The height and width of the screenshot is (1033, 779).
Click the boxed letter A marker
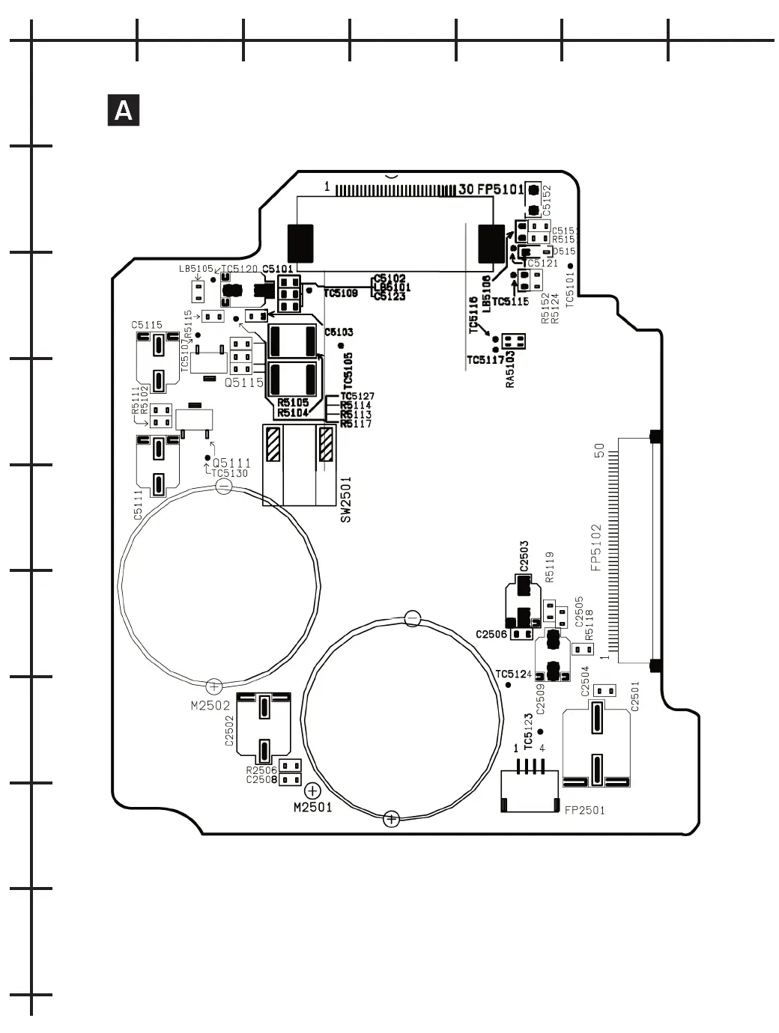tap(124, 111)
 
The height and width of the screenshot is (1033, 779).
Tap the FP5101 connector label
tap(501, 189)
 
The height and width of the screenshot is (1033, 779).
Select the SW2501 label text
tap(345, 499)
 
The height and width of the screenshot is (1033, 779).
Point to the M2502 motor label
tap(210, 705)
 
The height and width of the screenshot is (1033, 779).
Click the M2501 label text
tap(313, 807)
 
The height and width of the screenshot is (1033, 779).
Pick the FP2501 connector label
tap(584, 810)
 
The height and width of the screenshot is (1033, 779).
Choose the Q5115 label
tap(244, 383)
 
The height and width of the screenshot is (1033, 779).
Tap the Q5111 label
tap(231, 463)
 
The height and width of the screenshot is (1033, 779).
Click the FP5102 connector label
tap(596, 547)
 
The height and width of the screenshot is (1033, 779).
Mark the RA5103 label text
tap(510, 369)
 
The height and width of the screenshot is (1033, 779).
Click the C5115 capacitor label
tap(147, 325)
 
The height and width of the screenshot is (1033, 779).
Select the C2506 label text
tap(491, 635)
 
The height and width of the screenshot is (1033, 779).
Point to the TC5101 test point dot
tap(570, 266)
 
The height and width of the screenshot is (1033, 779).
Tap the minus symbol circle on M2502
tap(223, 487)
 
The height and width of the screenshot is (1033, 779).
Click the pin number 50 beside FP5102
tap(599, 450)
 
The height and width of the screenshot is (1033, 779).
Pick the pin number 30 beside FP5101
tap(466, 189)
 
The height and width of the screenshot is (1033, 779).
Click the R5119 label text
tap(550, 567)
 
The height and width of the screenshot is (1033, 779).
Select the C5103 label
tap(339, 332)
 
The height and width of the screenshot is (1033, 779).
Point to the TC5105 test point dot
tap(341, 345)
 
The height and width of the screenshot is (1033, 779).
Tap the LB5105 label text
tap(195, 269)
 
